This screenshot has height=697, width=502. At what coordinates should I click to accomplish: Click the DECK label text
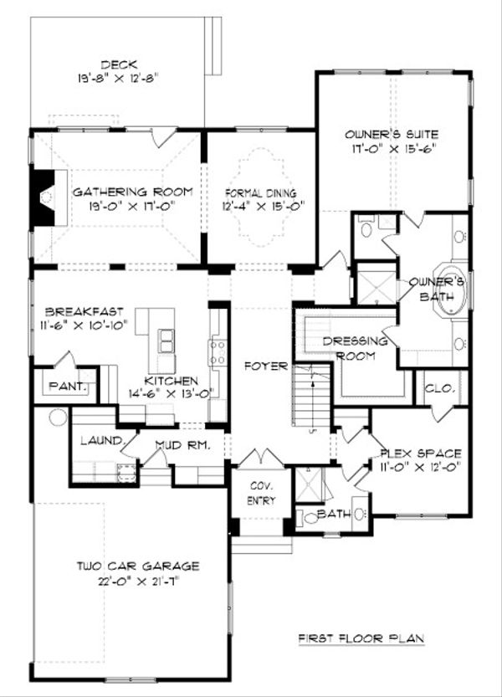pyautogui.click(x=118, y=64)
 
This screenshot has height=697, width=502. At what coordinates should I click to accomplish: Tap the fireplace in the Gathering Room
pyautogui.click(x=43, y=198)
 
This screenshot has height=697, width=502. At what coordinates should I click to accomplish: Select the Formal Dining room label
pyautogui.click(x=259, y=192)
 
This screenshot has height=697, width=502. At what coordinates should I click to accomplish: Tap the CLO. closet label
pyautogui.click(x=438, y=388)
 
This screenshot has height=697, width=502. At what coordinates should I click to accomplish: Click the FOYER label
pyautogui.click(x=265, y=366)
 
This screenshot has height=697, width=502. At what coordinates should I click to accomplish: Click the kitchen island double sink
pyautogui.click(x=167, y=340)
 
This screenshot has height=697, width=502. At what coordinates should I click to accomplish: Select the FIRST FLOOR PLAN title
pyautogui.click(x=361, y=638)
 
